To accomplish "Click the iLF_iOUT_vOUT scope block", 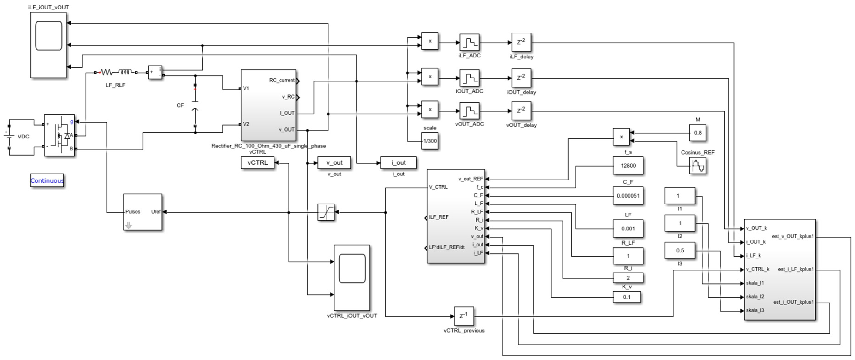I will (48, 45).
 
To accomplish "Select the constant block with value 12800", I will (628, 165).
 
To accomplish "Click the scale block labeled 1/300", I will (430, 141).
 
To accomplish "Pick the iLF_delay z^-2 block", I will (521, 42).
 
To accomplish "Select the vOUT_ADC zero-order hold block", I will (469, 111).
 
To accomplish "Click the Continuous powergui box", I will (47, 180).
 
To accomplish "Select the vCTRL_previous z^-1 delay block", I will (464, 316).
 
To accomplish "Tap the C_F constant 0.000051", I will (628, 196).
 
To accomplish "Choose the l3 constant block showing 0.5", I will (680, 250).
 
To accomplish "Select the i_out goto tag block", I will (398, 163).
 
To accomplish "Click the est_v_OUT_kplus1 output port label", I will (792, 237).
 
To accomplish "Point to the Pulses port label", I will (133, 212).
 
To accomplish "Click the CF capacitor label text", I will (180, 105).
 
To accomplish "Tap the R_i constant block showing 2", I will (628, 278).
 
